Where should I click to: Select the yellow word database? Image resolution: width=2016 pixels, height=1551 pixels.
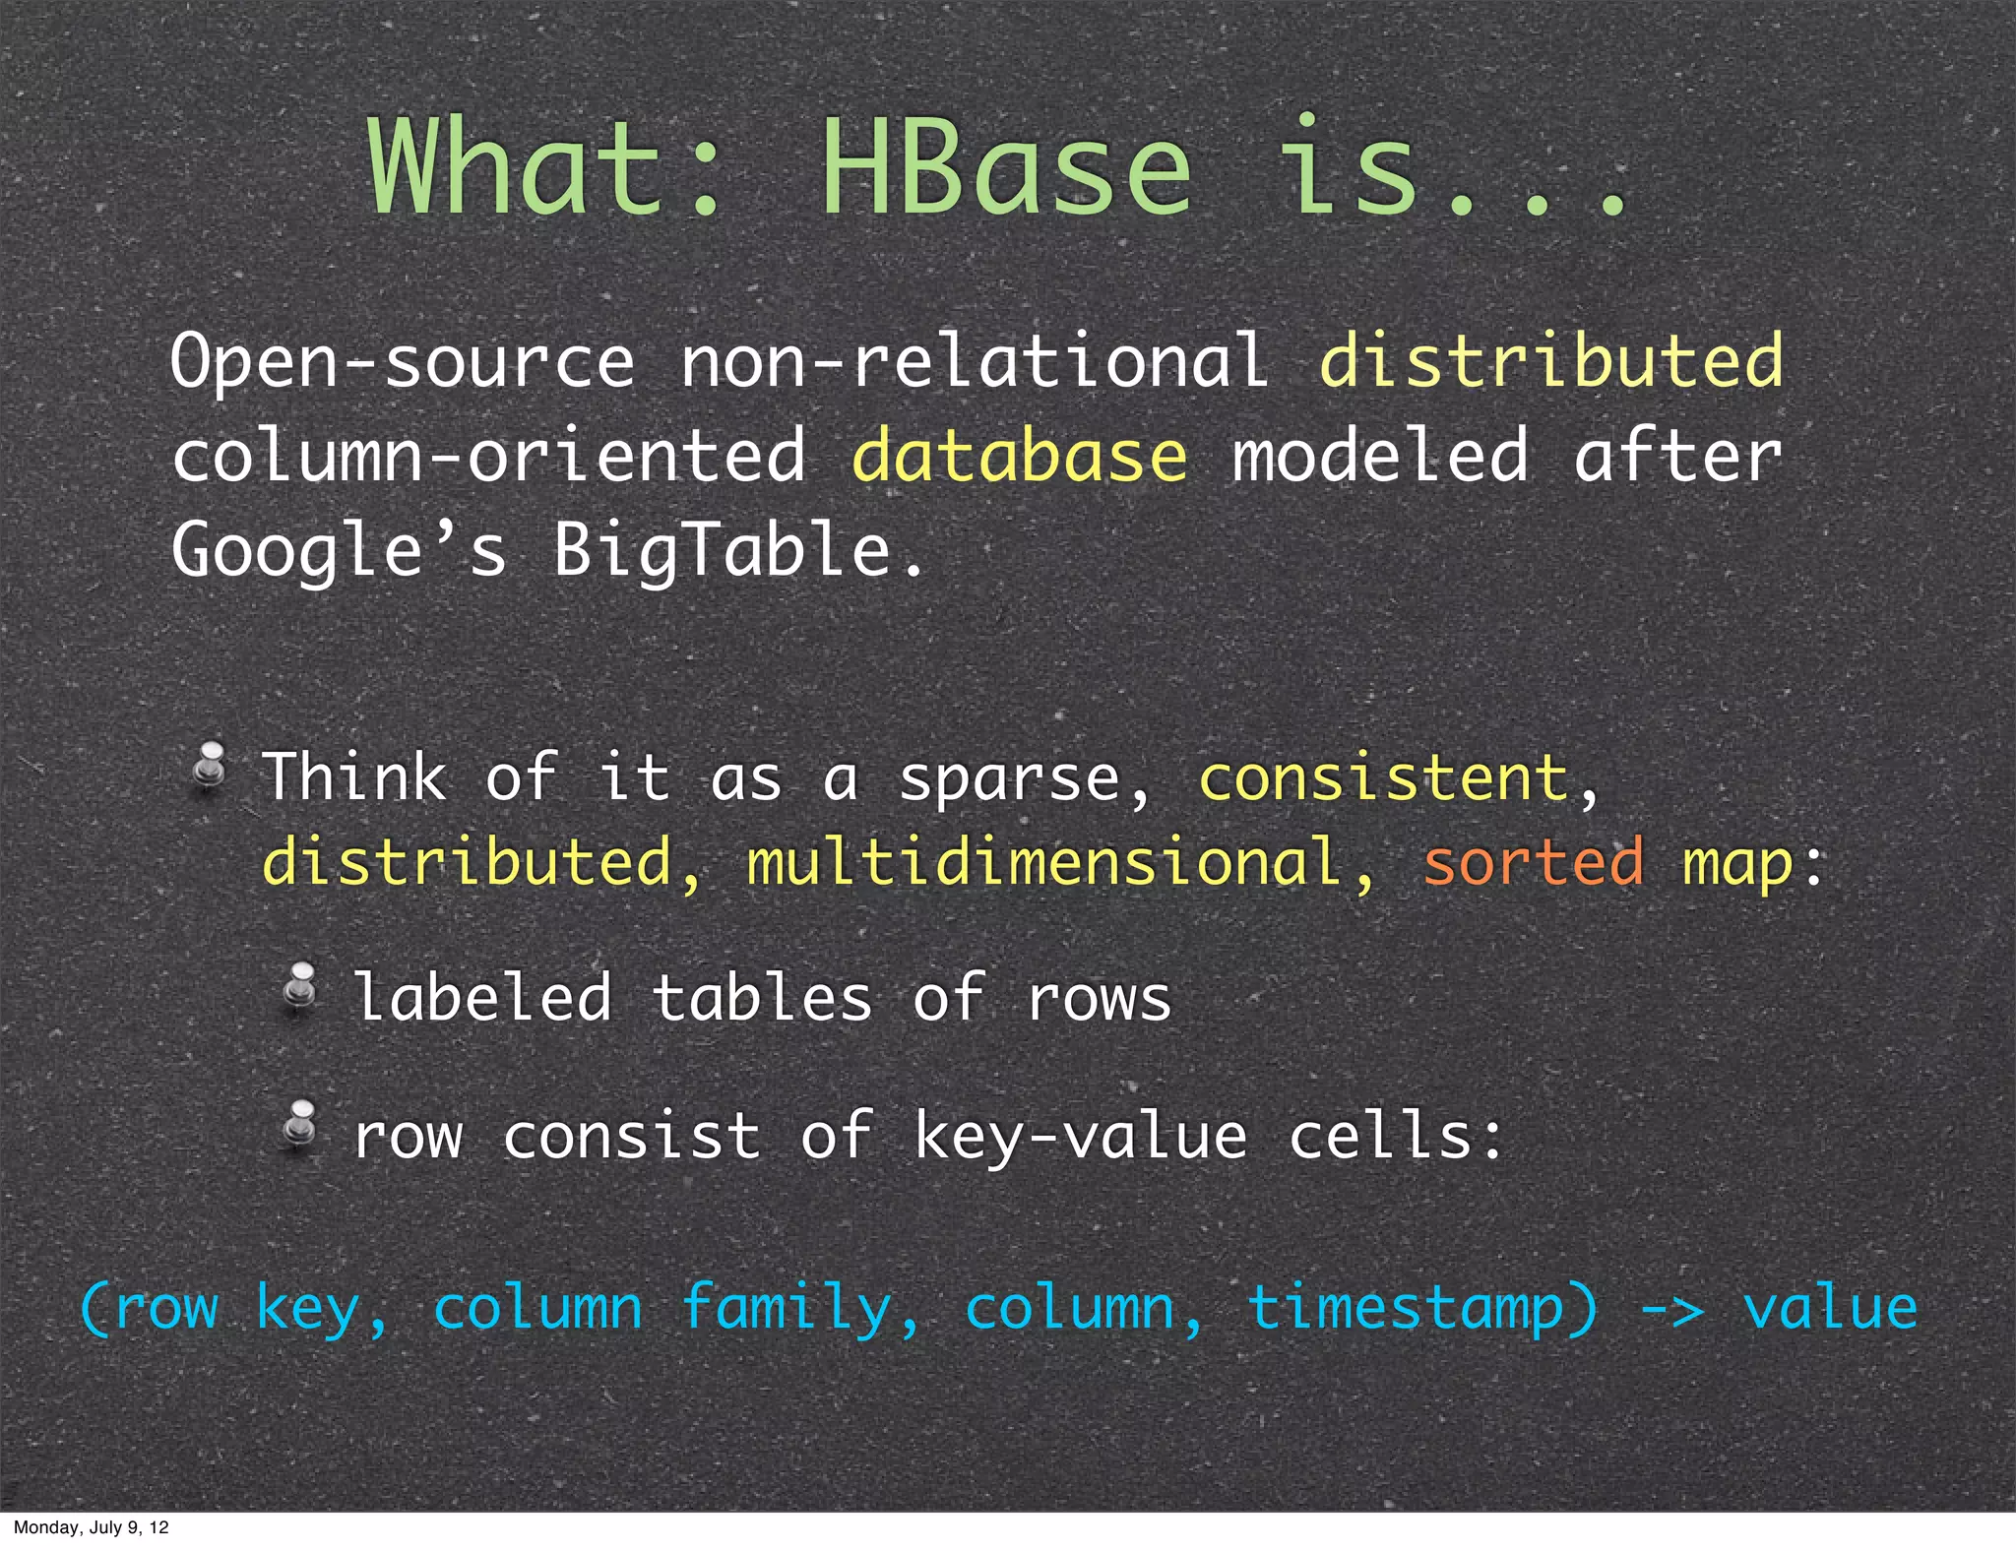[1020, 457]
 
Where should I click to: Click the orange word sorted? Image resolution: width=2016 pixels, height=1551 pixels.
[1533, 862]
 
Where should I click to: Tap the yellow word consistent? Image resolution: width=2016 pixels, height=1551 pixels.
[1383, 777]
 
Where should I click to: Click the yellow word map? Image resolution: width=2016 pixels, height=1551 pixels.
[1737, 864]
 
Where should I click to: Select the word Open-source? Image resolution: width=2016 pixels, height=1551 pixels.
[404, 362]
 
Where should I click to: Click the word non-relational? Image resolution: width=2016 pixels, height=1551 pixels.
[975, 360]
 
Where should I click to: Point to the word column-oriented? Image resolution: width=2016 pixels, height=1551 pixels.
[489, 457]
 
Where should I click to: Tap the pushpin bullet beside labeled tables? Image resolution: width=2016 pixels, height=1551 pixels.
[300, 988]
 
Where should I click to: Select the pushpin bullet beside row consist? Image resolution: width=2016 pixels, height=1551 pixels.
[300, 1125]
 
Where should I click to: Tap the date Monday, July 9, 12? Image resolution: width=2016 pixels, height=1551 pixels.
[91, 1527]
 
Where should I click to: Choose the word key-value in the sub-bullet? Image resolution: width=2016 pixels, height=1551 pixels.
[1081, 1138]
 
